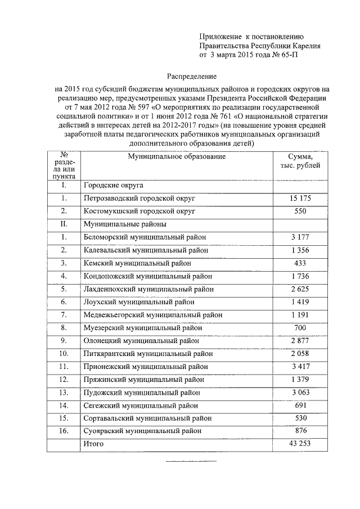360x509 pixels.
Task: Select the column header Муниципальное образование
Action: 177,156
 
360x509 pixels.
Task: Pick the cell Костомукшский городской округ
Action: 139,211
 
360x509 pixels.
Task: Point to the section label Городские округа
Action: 114,185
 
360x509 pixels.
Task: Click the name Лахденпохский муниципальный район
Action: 148,289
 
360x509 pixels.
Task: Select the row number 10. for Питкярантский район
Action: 64,353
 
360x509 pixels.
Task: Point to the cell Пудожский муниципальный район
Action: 141,393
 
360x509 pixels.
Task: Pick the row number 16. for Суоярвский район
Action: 64,431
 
